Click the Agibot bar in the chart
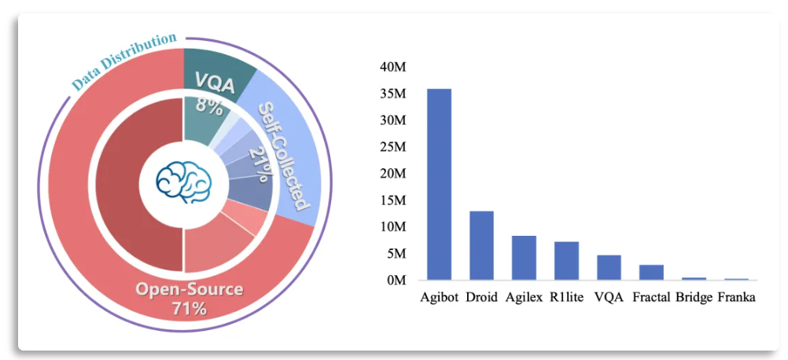439,184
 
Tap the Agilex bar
524,257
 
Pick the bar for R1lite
566,260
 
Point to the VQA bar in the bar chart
609,267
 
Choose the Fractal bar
651,272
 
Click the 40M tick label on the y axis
393,68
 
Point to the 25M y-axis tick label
393,147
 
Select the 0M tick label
396,280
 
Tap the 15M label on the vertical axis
393,200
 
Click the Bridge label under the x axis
694,298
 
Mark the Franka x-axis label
736,298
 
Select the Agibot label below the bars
439,298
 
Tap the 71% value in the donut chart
189,308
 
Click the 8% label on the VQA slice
209,105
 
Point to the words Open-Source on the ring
189,289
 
